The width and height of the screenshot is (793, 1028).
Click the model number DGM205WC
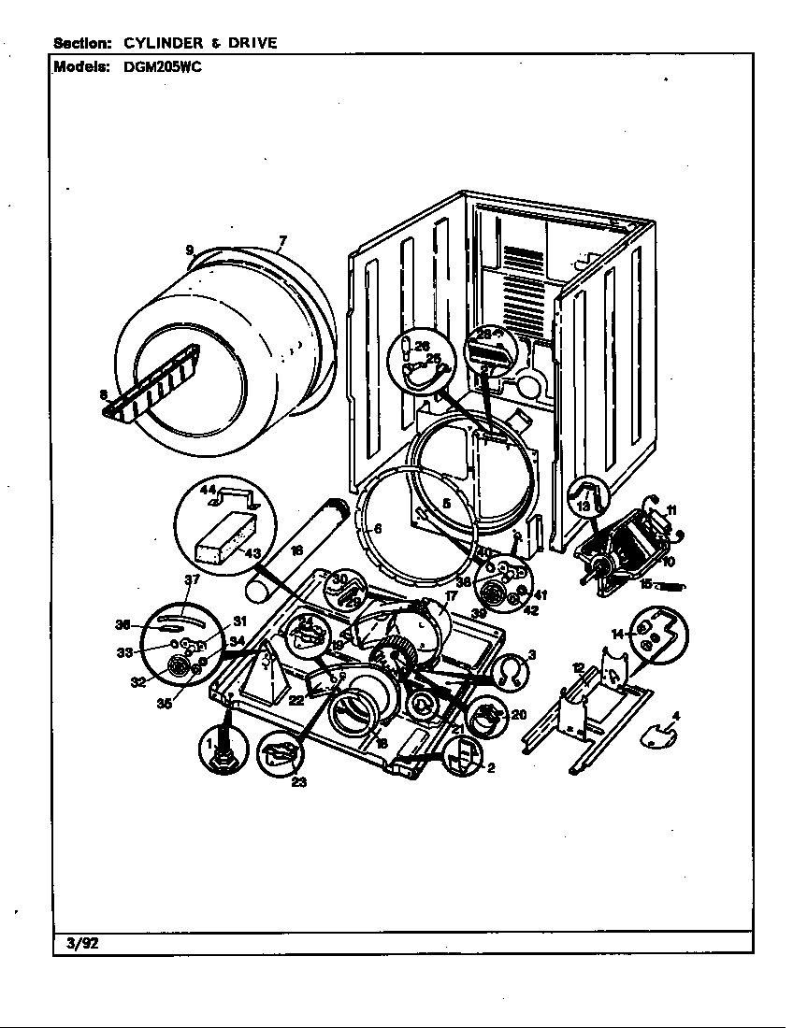(x=162, y=66)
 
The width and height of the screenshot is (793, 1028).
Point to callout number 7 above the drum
(x=281, y=241)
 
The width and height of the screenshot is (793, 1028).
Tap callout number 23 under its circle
(x=298, y=782)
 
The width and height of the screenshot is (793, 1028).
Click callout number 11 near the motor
(x=670, y=510)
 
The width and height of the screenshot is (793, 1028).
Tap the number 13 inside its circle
(x=583, y=506)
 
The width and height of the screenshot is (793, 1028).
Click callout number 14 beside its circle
(x=617, y=635)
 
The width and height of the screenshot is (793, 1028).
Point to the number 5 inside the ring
(x=447, y=503)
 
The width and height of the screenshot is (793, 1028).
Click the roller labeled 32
(x=176, y=664)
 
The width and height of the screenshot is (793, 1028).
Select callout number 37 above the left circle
(x=191, y=580)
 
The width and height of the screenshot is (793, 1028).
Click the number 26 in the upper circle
(x=422, y=345)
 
